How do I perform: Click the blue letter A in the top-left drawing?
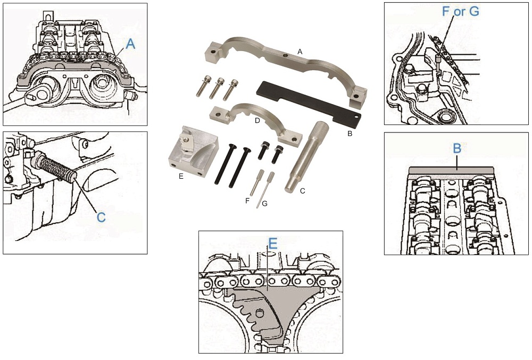[x=130, y=44]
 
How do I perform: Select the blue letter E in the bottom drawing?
[x=272, y=244]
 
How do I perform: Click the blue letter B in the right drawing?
[x=456, y=149]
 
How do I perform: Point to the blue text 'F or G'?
[x=460, y=11]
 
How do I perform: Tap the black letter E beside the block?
[x=181, y=177]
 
